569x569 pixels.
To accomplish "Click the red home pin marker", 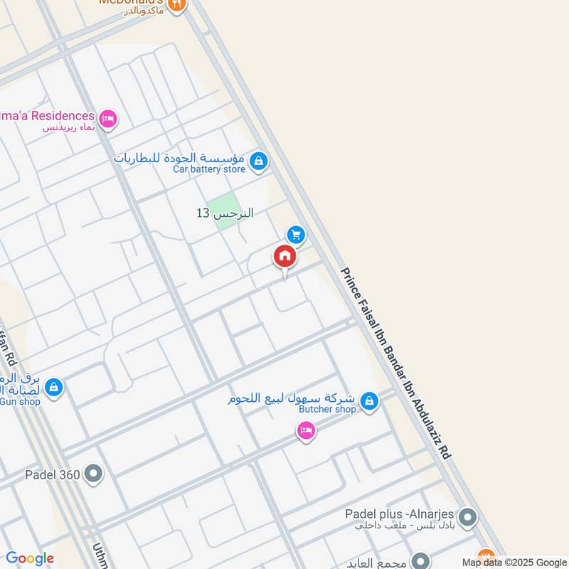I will [284, 257].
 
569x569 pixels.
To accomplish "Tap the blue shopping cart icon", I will [296, 234].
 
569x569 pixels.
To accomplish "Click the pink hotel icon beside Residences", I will [108, 119].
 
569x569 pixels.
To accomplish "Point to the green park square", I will [224, 211].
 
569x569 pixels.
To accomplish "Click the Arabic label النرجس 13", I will [225, 213].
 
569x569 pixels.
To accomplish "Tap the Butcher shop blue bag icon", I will [368, 402].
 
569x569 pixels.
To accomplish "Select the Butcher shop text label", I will [327, 410].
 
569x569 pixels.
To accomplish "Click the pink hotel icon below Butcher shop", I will [306, 430].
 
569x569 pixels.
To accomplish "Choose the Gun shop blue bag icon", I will [53, 388].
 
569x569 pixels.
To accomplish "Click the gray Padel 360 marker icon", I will [93, 473].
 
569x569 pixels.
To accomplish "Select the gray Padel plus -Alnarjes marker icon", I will [467, 518].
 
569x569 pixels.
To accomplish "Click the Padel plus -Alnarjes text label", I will [399, 514].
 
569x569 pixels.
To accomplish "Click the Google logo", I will [29, 558].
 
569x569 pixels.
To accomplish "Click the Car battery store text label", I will [209, 169].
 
